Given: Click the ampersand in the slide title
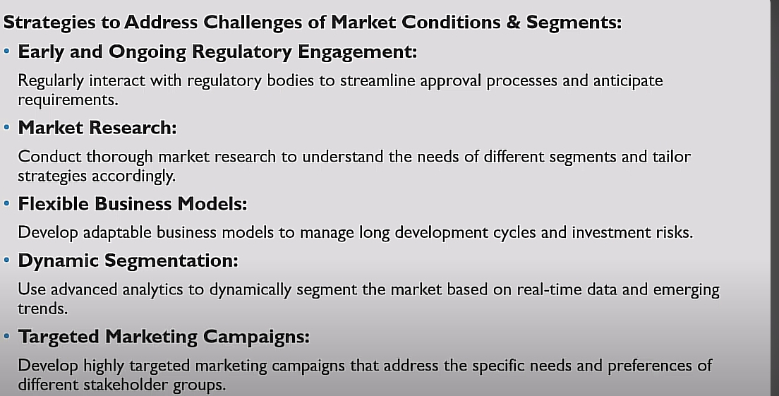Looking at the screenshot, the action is [x=513, y=23].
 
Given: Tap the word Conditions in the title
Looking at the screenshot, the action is [x=451, y=23].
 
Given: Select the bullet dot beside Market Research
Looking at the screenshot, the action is [x=6, y=128].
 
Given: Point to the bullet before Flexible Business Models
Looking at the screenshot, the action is [x=6, y=204].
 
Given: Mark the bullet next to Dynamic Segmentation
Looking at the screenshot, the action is [x=6, y=260].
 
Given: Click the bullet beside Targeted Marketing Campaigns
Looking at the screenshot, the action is [x=6, y=337].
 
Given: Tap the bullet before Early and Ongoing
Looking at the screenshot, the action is [x=6, y=52].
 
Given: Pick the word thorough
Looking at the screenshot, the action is [x=119, y=157].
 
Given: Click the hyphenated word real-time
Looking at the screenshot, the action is [x=549, y=289].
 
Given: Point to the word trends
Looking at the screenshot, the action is [x=43, y=308].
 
